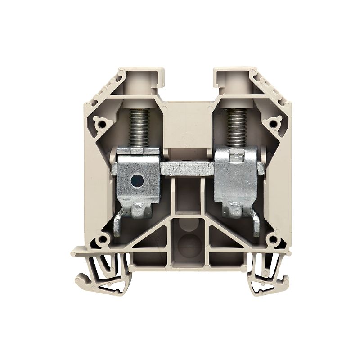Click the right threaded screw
(x=235, y=129)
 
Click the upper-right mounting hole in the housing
(x=272, y=121)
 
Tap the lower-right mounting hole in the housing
(x=270, y=239)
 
